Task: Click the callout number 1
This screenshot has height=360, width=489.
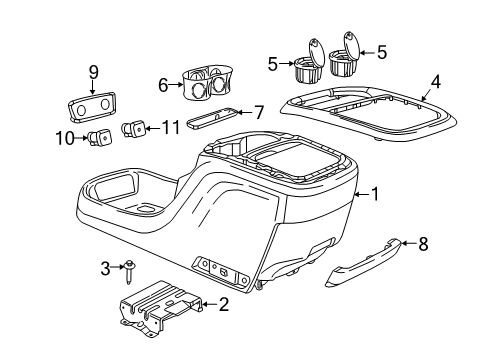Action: (376, 194)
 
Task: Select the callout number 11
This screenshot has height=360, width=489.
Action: (172, 126)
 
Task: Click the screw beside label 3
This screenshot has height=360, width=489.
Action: (131, 266)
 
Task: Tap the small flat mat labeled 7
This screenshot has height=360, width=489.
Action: (216, 117)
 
